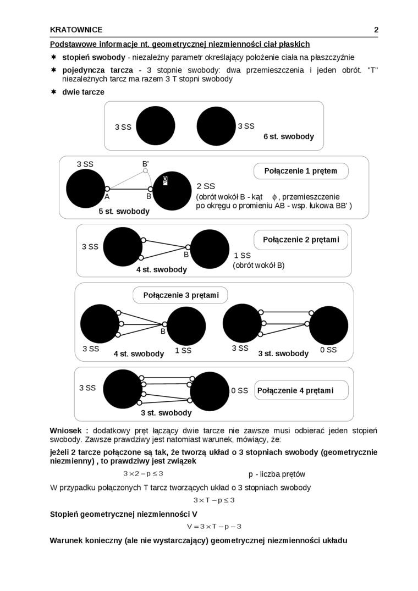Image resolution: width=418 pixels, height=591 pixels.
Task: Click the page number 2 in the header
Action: (x=376, y=30)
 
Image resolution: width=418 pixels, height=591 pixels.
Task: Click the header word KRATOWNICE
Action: (x=76, y=30)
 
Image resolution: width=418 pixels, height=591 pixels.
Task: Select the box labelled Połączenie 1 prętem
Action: (x=301, y=171)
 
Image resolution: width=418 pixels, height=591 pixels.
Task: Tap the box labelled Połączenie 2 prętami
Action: (x=301, y=240)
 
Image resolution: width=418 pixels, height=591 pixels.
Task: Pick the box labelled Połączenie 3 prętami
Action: (x=180, y=295)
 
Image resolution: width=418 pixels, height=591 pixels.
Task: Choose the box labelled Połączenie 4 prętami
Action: (x=301, y=390)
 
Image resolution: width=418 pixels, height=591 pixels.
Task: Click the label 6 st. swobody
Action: (x=289, y=136)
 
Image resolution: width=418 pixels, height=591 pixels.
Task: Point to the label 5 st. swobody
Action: (x=124, y=211)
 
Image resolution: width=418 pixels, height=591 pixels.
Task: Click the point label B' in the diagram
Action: (x=146, y=163)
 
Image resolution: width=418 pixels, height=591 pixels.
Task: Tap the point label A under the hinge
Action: (x=107, y=196)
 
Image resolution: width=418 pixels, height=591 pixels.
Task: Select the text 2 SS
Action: (x=206, y=186)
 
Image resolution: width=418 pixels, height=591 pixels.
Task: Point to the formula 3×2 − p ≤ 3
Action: (x=143, y=473)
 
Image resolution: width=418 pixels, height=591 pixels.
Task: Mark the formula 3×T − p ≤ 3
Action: (x=214, y=500)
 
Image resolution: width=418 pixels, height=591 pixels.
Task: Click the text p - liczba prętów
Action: (x=277, y=474)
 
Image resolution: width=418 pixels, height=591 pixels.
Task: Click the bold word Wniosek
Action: (x=69, y=430)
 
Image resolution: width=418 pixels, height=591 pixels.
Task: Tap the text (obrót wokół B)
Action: (x=258, y=265)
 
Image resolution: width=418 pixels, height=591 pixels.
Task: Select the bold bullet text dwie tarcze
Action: (x=83, y=92)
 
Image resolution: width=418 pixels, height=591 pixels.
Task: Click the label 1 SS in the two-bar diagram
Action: (x=242, y=256)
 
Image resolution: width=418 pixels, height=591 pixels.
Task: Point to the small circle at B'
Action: (x=146, y=171)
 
